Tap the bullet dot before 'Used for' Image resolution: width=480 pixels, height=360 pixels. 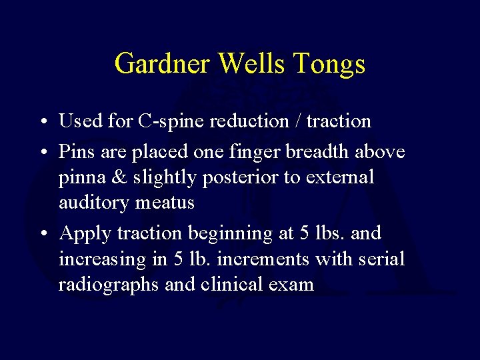[43, 122]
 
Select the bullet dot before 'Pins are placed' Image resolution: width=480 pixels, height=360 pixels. [43, 153]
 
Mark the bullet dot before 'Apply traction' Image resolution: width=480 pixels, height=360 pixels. [43, 234]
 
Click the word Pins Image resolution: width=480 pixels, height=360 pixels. [76, 152]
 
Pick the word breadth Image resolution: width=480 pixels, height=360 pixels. [317, 152]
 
